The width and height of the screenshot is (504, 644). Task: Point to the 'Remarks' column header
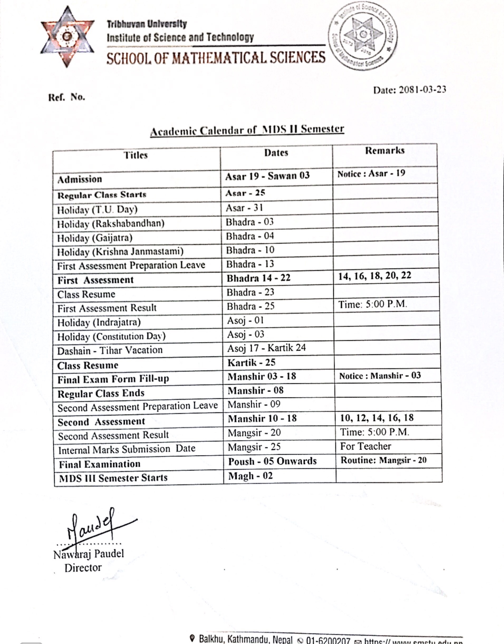coord(385,151)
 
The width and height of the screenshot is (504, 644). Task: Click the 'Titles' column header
coord(136,155)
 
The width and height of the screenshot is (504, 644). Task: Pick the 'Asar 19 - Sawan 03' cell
coord(267,176)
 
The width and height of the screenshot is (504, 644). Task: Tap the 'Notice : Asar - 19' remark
coord(371,174)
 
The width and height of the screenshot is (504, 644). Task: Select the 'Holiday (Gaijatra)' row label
coord(95,238)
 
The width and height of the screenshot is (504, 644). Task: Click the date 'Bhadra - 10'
coord(250,250)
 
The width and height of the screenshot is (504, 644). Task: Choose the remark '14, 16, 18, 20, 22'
coord(375,276)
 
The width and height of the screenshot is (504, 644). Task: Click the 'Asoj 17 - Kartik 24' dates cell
coord(266,348)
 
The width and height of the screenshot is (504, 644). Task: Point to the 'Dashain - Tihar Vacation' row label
coord(110,350)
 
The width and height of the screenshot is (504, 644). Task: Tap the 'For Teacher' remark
coord(366,446)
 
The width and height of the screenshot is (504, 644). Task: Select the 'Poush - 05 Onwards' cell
coord(272,461)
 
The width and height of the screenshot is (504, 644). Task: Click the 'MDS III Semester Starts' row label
coord(113,478)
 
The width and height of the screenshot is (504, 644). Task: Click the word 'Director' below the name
coord(83,568)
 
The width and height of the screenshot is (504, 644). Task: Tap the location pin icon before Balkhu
coord(193,639)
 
